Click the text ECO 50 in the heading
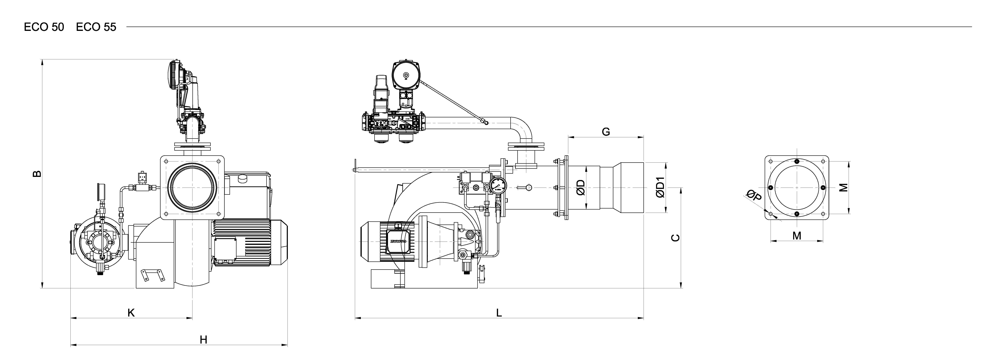tap(44, 27)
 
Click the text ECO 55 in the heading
tap(96, 27)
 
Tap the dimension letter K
tap(131, 313)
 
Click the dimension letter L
tap(499, 313)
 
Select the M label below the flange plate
tap(797, 235)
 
